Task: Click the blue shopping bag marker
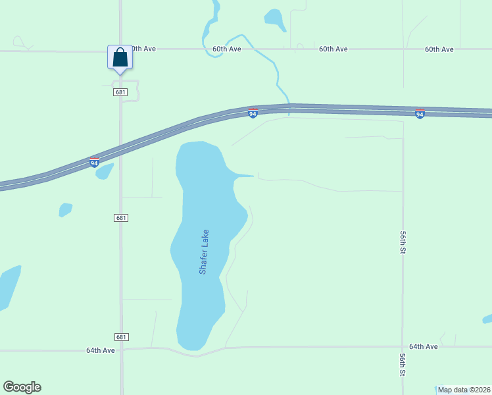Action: coord(120,57)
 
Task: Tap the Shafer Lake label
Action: coord(204,251)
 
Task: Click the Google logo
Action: coord(22,387)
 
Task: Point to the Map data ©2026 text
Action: coord(464,390)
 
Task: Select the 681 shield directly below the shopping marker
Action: coord(120,92)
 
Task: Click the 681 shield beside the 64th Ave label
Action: coord(120,336)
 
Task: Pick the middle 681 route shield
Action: coord(120,218)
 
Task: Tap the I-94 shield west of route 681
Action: coord(95,162)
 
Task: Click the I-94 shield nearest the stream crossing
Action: coord(253,113)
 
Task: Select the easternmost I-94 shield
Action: coord(420,114)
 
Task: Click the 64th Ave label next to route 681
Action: coord(100,350)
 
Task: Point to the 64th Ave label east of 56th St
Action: coord(423,346)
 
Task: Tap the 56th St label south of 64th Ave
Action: coord(402,364)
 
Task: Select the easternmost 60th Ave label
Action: coord(439,49)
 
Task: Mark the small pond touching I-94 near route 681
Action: coord(105,171)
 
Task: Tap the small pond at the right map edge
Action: coord(487,319)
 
